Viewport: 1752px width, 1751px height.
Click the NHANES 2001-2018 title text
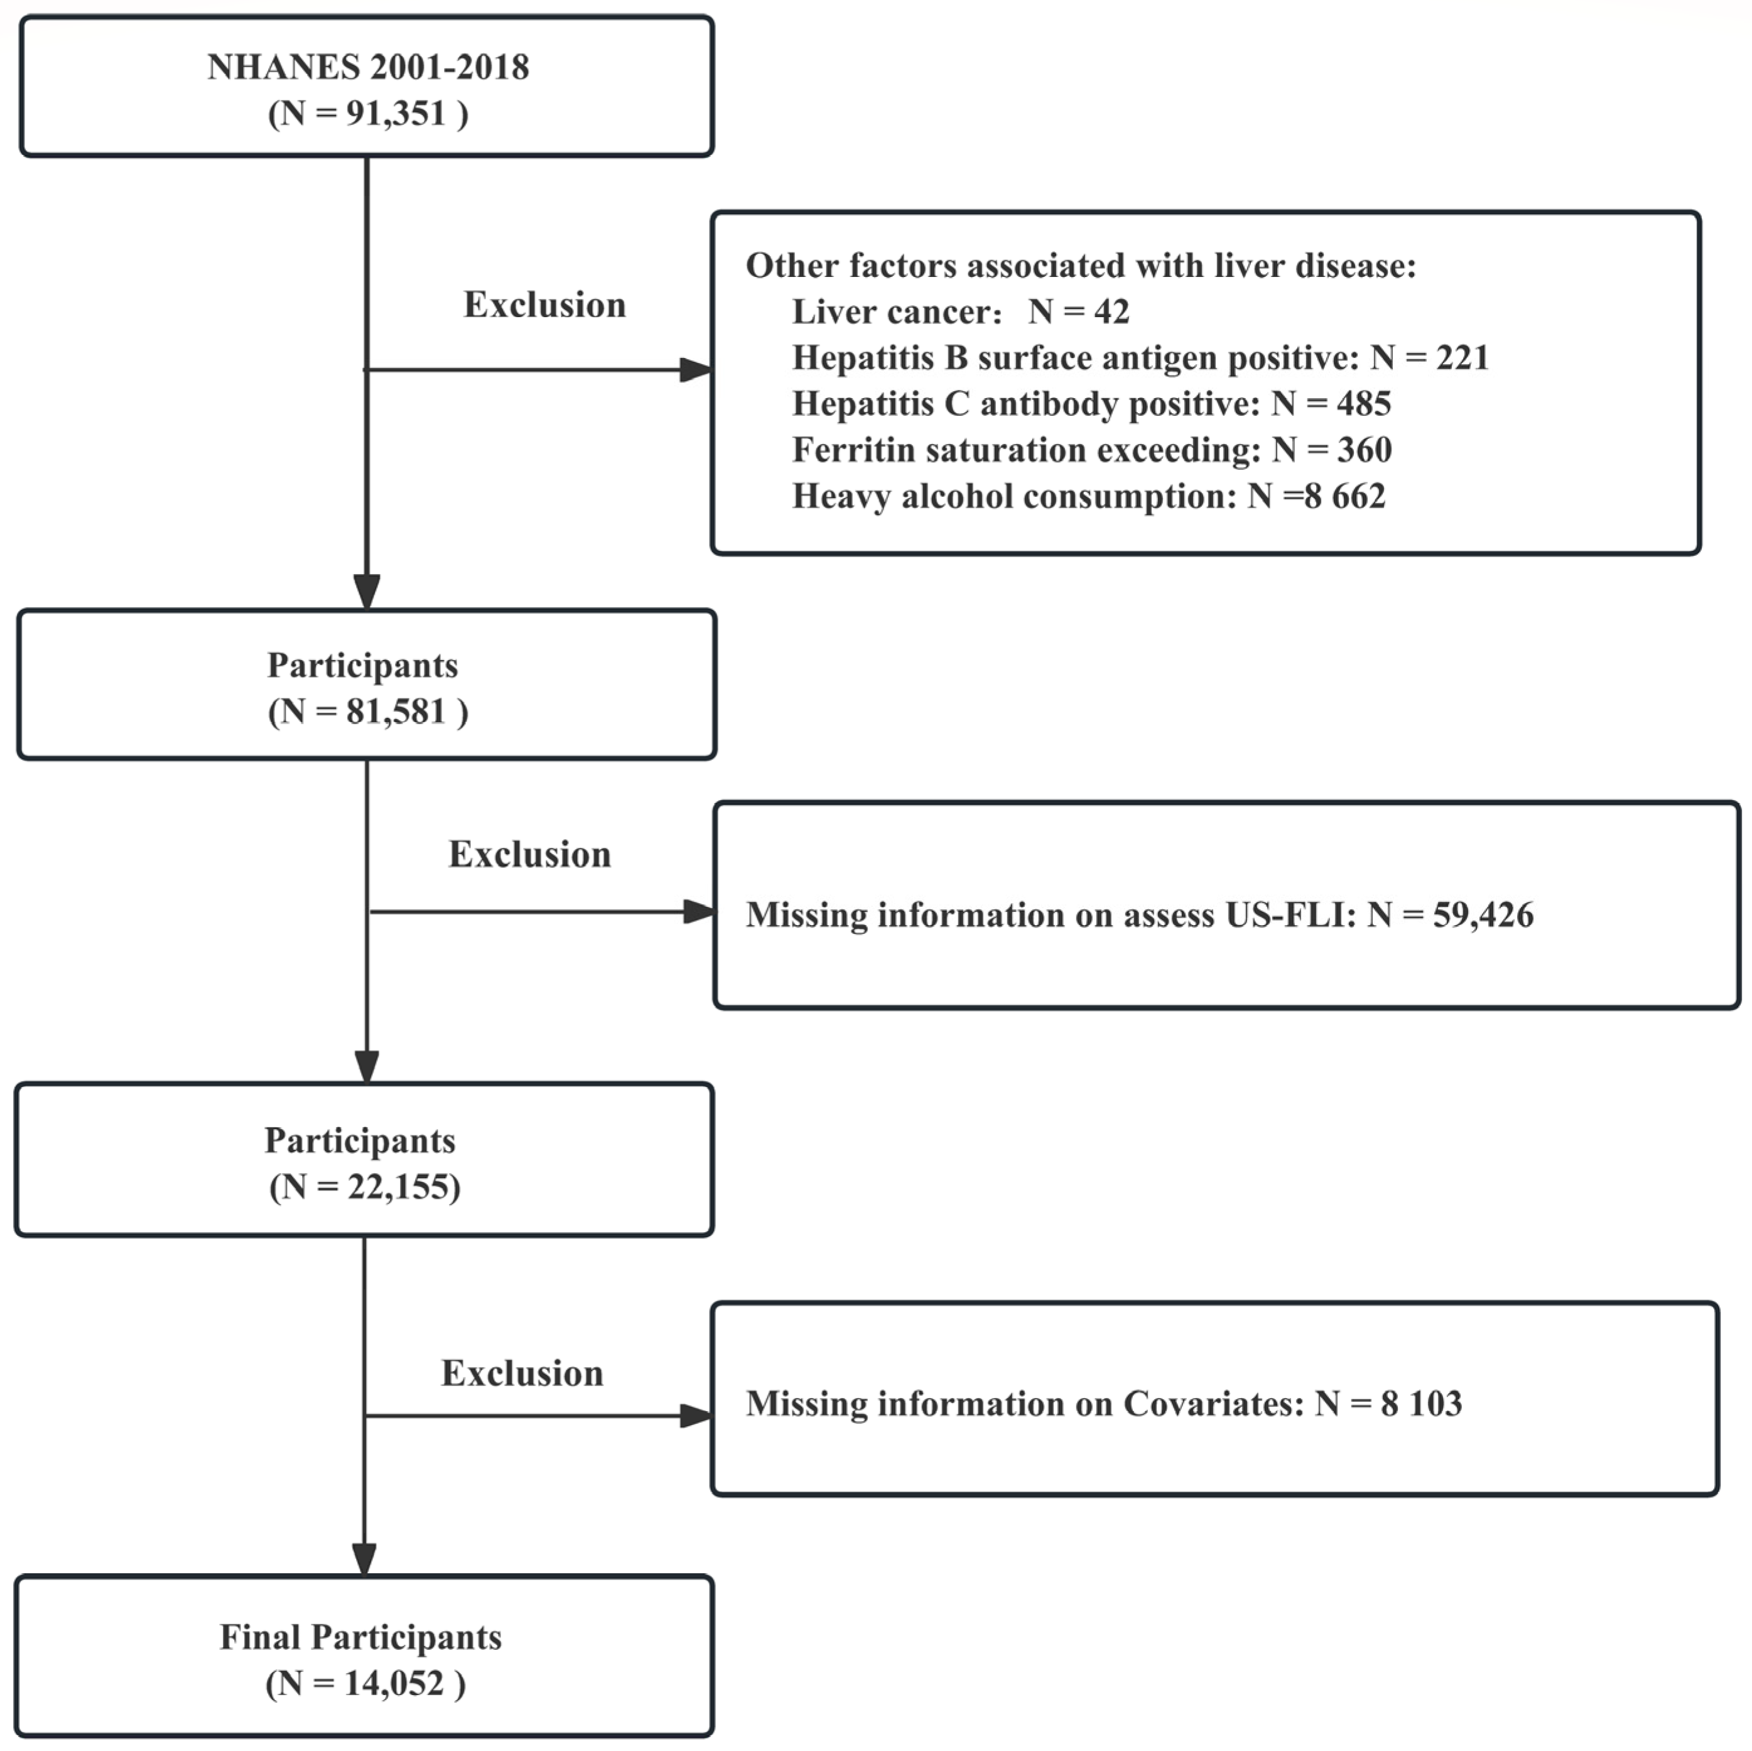(x=367, y=67)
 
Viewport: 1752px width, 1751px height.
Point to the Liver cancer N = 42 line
(x=960, y=312)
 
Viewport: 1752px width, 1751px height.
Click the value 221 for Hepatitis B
(x=1462, y=358)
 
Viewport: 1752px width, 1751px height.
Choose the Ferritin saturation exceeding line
(x=1091, y=450)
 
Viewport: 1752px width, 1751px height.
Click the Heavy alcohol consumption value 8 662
(x=1345, y=497)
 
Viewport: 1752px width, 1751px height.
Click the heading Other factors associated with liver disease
(x=1080, y=266)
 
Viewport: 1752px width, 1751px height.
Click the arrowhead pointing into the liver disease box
(x=696, y=370)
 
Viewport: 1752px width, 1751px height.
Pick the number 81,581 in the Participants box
(x=396, y=712)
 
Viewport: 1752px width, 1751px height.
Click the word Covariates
(x=1213, y=1404)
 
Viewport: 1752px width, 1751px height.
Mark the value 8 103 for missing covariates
(x=1421, y=1404)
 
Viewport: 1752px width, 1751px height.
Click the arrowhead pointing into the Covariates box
(x=696, y=1416)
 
